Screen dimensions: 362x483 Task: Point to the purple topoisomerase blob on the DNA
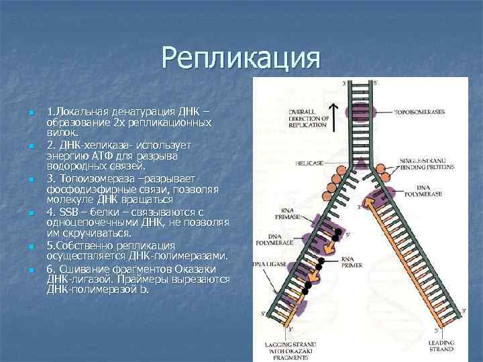click(x=356, y=112)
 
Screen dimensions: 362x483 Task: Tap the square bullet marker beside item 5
click(x=31, y=246)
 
